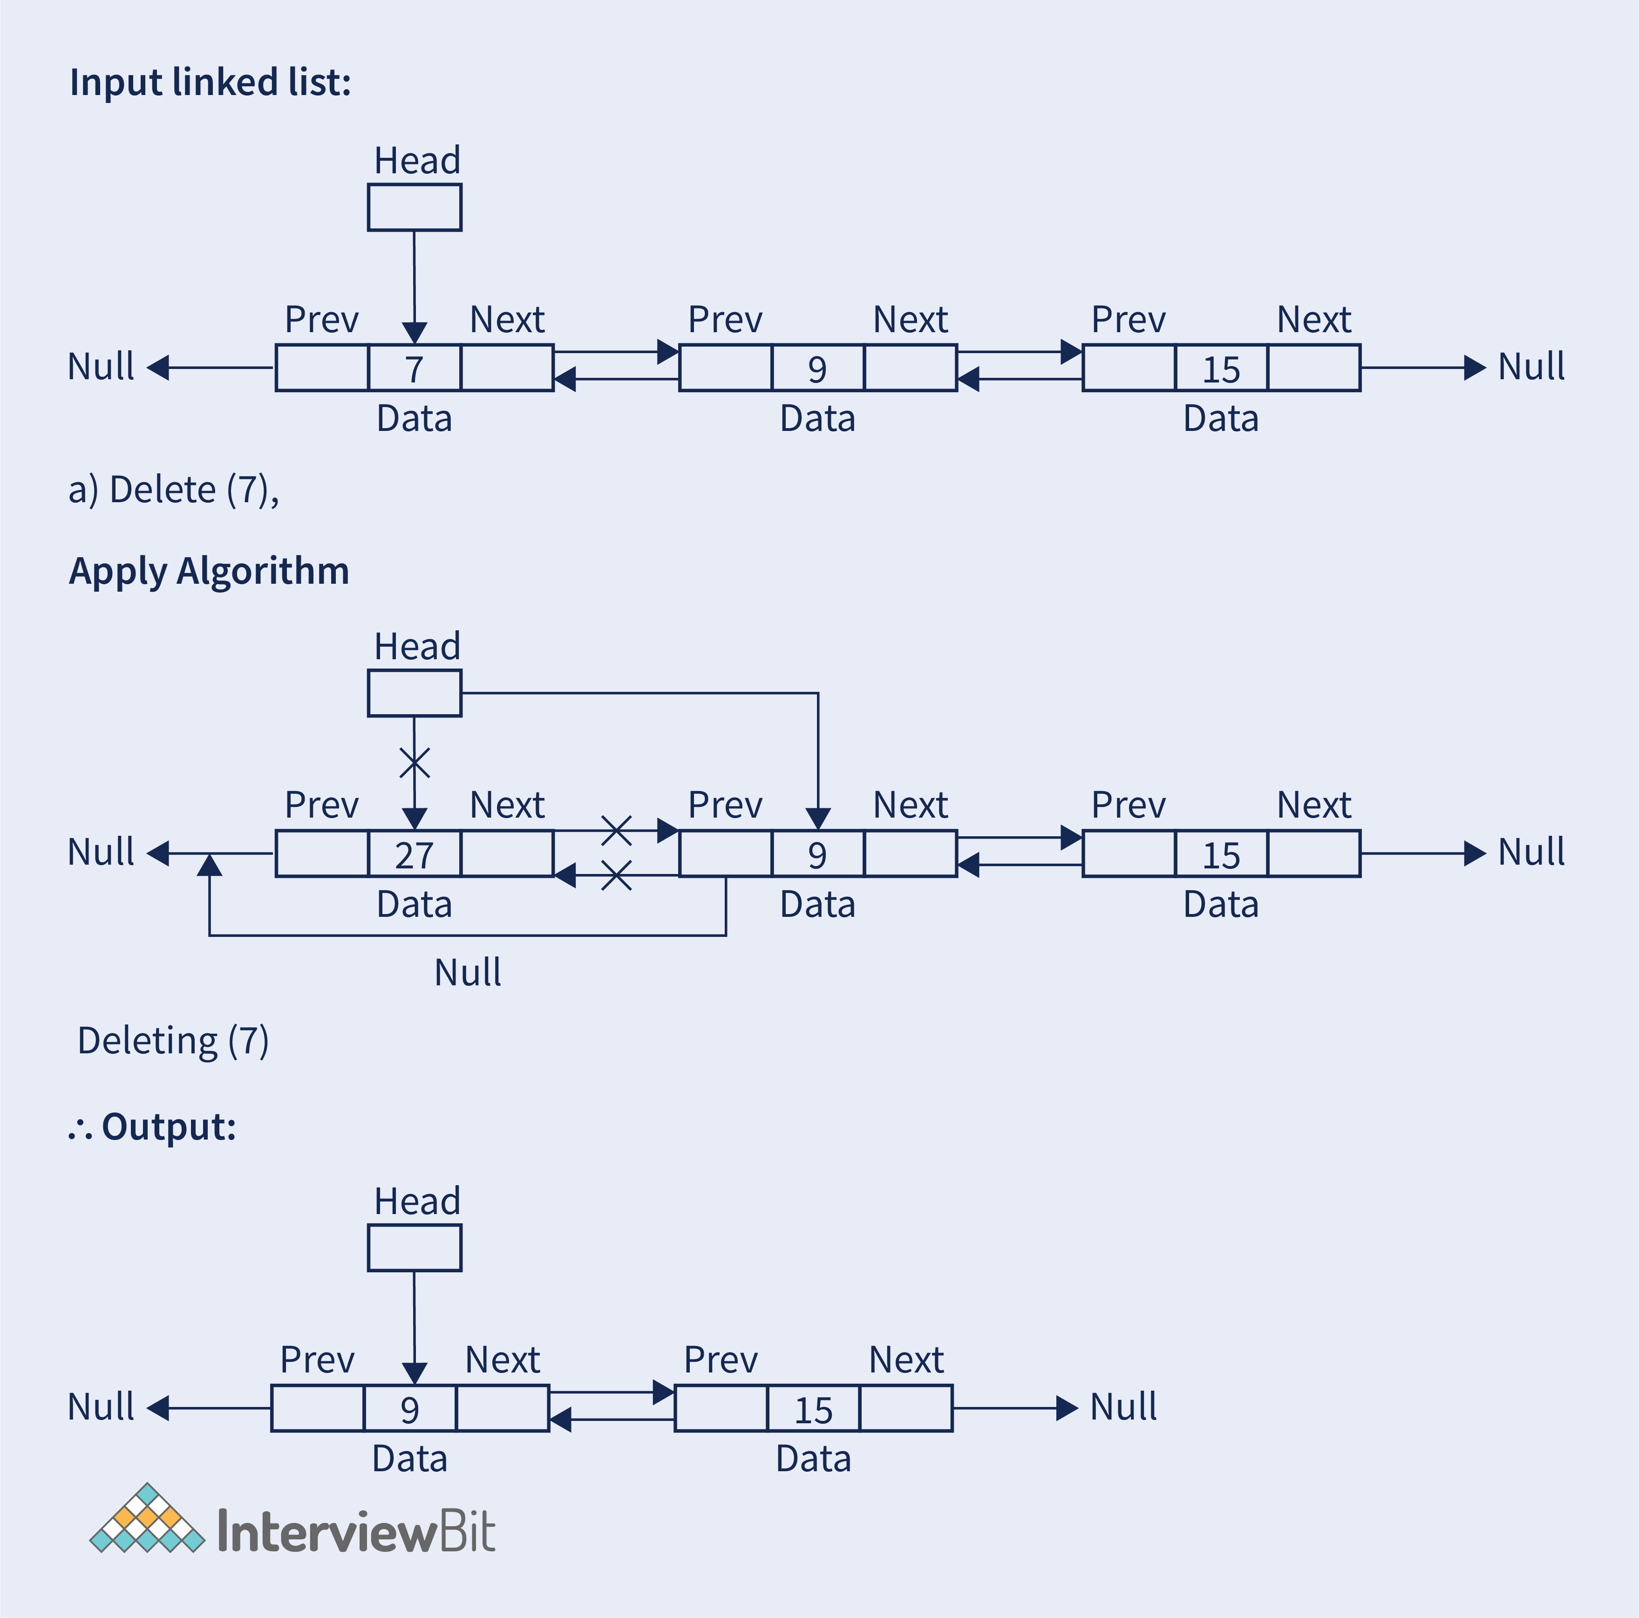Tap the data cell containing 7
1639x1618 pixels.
pos(414,368)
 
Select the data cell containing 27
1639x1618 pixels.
pos(414,853)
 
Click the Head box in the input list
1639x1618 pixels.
pos(414,207)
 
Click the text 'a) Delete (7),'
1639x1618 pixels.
pos(174,491)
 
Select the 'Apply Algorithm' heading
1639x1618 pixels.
pos(209,571)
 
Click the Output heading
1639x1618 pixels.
pos(153,1127)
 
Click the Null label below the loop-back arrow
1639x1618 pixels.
pos(468,972)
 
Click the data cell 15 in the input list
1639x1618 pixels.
pos(1221,368)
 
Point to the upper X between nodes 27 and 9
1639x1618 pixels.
pos(617,831)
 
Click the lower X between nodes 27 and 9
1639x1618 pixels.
pos(617,875)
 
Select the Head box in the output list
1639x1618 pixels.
pos(414,1247)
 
